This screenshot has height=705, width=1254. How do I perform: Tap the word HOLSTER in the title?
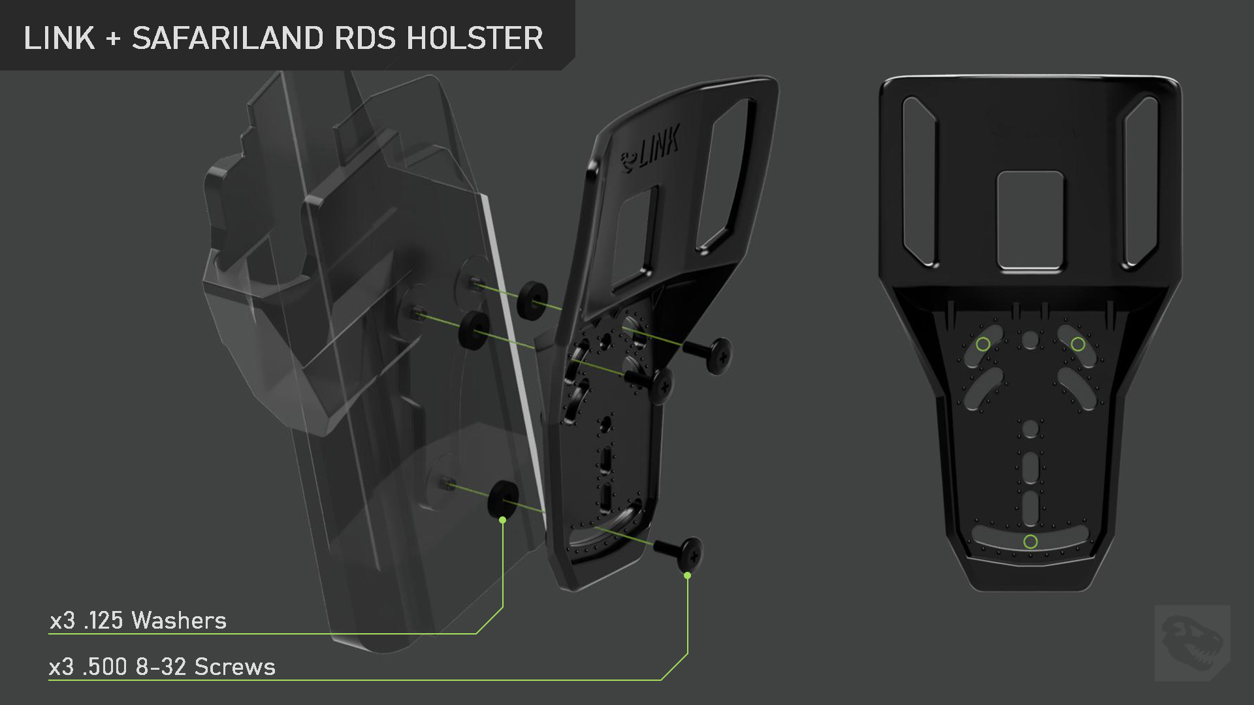(x=475, y=38)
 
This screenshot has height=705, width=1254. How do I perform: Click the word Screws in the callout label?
(x=235, y=666)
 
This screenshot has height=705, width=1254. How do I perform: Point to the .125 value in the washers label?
(x=104, y=620)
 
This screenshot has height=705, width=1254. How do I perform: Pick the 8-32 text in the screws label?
(x=161, y=666)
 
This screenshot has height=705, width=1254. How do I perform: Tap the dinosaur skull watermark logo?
(x=1193, y=642)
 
